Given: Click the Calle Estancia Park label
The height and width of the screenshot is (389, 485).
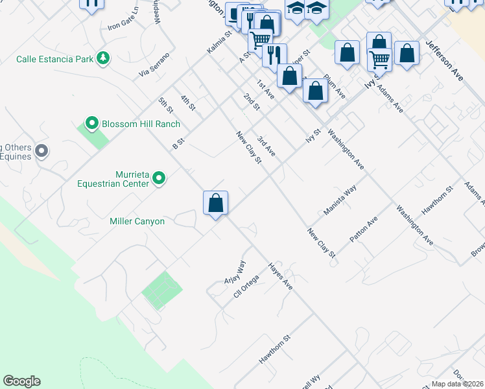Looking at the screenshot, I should pyautogui.click(x=54, y=60).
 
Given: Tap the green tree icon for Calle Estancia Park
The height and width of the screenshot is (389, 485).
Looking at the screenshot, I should pyautogui.click(x=102, y=59).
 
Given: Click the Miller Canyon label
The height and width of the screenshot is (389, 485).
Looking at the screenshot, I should pyautogui.click(x=137, y=222).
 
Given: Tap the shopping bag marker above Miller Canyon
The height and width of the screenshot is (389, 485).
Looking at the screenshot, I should pyautogui.click(x=215, y=203).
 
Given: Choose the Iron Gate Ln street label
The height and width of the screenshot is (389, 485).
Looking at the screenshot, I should pyautogui.click(x=123, y=19).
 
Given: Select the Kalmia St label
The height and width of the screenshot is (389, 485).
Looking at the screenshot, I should pyautogui.click(x=219, y=42).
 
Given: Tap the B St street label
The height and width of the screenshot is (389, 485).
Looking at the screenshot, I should pyautogui.click(x=179, y=143).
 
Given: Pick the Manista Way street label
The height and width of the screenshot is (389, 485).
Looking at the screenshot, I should pyautogui.click(x=340, y=200).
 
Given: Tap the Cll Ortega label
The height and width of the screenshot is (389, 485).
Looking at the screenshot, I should pyautogui.click(x=246, y=287).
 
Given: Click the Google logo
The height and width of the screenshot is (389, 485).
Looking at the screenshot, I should pyautogui.click(x=21, y=381).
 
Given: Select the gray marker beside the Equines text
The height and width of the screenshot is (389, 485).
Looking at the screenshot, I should pyautogui.click(x=41, y=152).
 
